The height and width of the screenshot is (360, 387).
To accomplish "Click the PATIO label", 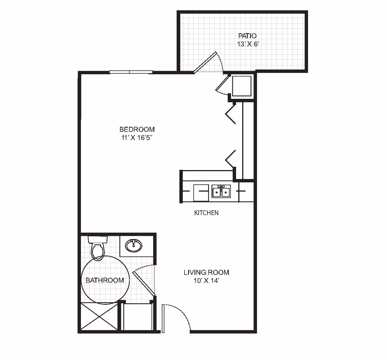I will pos(247,36).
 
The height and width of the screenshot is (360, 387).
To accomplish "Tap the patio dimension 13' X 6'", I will pos(247,44).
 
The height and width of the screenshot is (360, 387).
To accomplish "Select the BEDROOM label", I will pos(137,129).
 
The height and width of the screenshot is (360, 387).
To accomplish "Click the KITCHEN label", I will pos(206,213).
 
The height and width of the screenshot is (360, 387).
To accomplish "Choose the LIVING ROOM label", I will pos(206,272).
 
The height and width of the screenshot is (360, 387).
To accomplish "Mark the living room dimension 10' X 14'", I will pos(206,281).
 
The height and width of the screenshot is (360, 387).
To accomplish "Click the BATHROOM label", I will pos(104,280).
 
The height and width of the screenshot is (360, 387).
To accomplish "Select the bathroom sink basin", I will pos(134,246).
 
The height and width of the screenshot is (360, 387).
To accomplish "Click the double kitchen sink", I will pos(221,192).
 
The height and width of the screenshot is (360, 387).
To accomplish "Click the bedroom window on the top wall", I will pos(130,72).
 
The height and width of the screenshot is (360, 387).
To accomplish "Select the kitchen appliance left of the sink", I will pos(201,193).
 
